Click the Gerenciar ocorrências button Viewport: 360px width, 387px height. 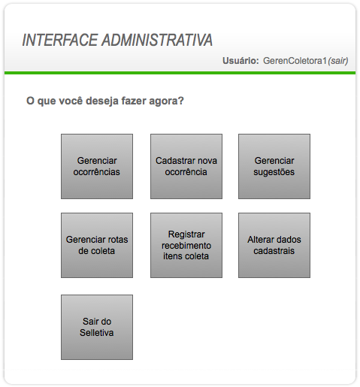pos(97,166)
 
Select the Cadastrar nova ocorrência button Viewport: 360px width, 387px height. pos(186,166)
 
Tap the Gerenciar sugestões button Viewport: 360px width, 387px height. pos(274,166)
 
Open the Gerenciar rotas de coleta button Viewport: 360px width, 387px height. pos(97,245)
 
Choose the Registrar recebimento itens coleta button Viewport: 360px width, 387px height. pos(186,245)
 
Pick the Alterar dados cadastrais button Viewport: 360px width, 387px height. pos(274,245)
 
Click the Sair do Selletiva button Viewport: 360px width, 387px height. pos(97,327)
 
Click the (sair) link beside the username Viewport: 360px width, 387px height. pos(338,61)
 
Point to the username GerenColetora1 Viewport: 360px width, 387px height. pos(295,61)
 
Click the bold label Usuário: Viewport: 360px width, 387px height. pos(241,61)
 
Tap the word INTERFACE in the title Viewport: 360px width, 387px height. pos(60,40)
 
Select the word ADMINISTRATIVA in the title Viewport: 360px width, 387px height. pos(157,40)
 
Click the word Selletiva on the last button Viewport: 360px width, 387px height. pos(97,333)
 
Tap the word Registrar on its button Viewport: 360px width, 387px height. pos(186,234)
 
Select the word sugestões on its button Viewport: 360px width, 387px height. pos(274,172)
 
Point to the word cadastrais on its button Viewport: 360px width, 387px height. pos(274,251)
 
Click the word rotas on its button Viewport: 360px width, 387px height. pos(118,240)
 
